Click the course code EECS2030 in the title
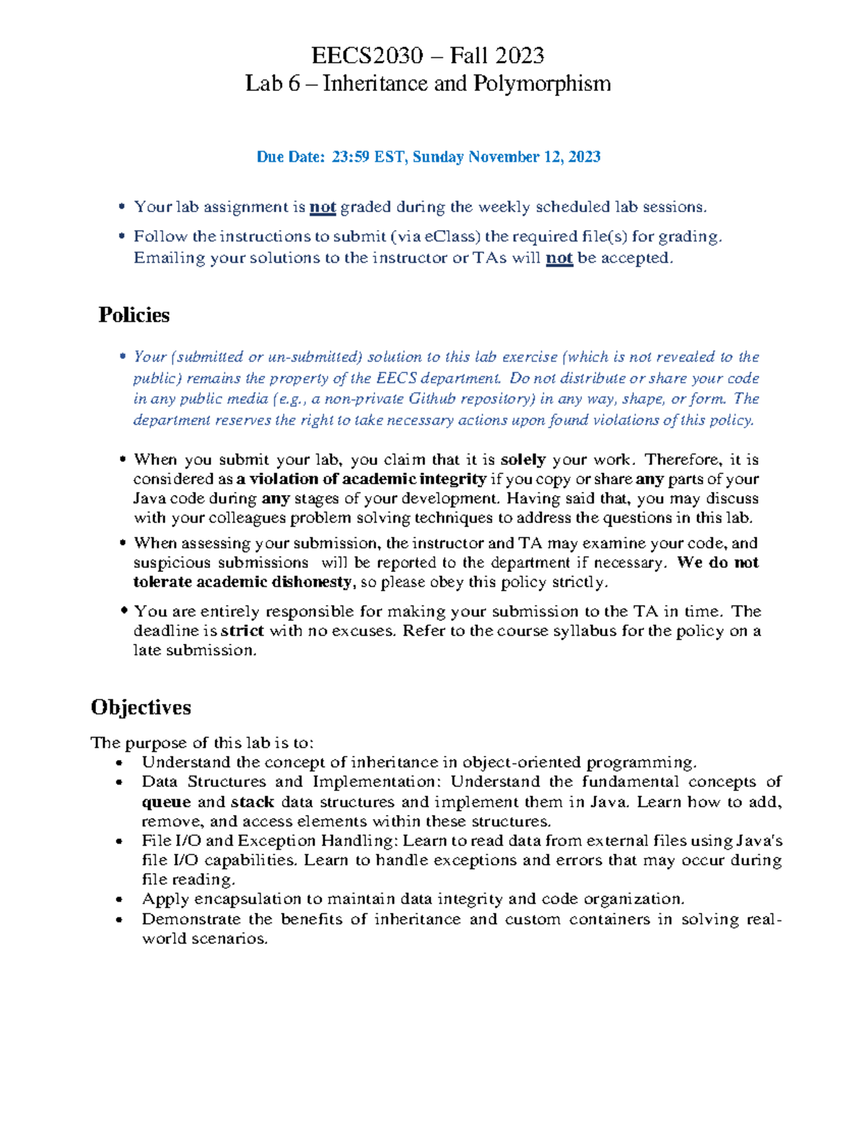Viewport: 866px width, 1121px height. (367, 56)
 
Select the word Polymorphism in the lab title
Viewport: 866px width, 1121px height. (542, 84)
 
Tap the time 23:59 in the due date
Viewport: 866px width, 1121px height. (350, 157)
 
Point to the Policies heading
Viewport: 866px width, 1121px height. (134, 315)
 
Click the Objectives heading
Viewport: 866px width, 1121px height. (141, 707)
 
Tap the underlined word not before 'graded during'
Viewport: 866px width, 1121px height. (323, 208)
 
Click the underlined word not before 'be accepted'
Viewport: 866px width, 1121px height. (559, 258)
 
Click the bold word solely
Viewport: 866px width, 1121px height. (522, 460)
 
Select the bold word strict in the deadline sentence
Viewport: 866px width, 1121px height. (242, 631)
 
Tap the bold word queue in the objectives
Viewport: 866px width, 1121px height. (166, 802)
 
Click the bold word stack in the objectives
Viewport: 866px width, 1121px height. (252, 802)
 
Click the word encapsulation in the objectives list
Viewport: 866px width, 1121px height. (248, 899)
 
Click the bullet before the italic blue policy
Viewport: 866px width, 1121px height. (122, 356)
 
